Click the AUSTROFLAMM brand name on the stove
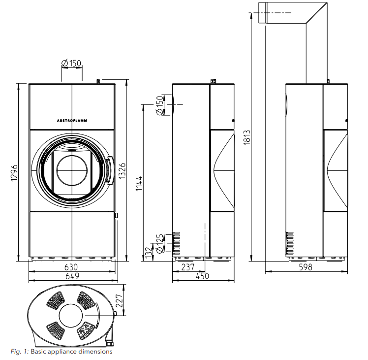[72, 121]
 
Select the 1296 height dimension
[14, 173]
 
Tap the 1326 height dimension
[122, 170]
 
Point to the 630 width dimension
[71, 267]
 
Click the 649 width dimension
[72, 276]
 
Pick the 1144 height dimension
[139, 184]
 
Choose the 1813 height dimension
[247, 137]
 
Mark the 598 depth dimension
[306, 267]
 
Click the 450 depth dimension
[202, 276]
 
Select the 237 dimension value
[188, 267]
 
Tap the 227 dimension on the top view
[119, 300]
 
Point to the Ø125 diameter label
[159, 244]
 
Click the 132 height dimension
[148, 253]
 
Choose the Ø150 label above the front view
[71, 63]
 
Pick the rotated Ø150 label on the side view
[159, 105]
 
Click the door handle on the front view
[110, 170]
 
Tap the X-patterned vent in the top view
[86, 331]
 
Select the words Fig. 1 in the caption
[20, 352]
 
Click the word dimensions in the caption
[95, 352]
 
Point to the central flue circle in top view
[71, 316]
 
